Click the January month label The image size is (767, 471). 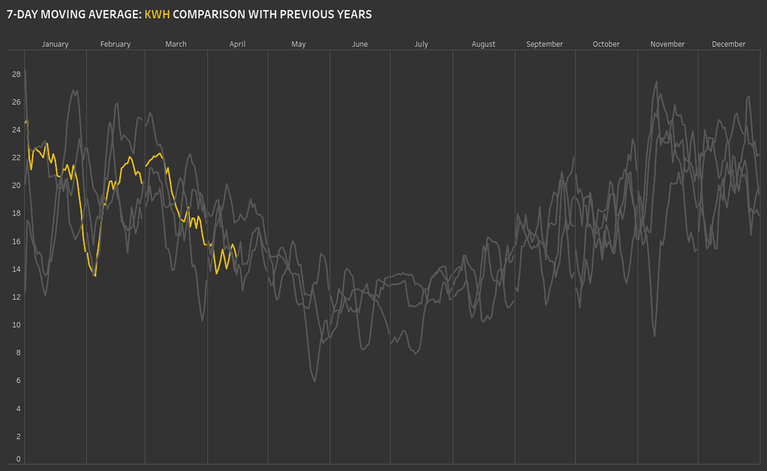click(55, 44)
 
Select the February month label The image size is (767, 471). click(115, 44)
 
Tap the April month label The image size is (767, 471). click(237, 44)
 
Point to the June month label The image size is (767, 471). click(360, 44)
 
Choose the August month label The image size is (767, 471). click(484, 44)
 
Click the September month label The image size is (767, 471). click(545, 44)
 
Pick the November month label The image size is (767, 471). click(668, 44)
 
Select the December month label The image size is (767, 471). click(729, 44)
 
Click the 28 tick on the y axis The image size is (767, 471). click(16, 74)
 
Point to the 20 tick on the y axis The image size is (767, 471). click(16, 185)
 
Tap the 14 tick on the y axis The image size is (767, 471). click(16, 269)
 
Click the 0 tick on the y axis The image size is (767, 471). click(18, 459)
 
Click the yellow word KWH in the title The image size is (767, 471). click(157, 14)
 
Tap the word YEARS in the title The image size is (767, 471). click(353, 14)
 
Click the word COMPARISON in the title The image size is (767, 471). click(209, 14)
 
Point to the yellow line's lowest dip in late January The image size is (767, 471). click(95, 276)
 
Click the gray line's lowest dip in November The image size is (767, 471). click(654, 336)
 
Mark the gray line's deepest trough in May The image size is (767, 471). click(315, 381)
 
